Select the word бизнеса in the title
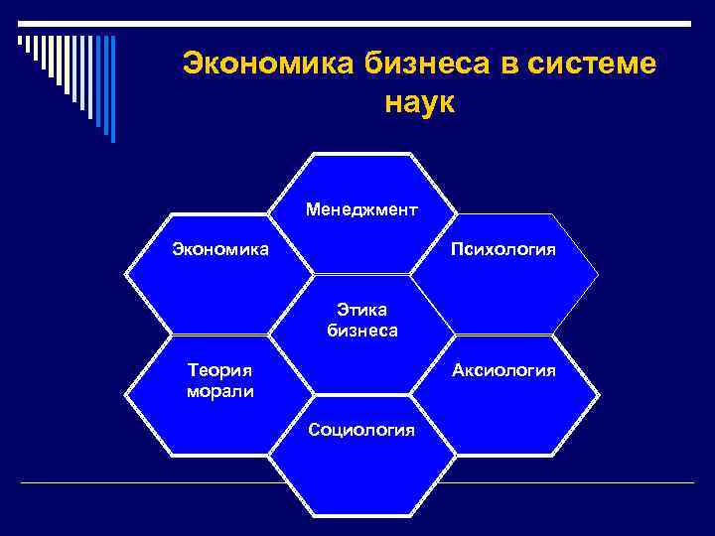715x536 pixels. click(x=423, y=64)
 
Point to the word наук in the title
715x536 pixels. click(x=418, y=102)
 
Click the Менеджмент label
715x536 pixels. click(x=362, y=210)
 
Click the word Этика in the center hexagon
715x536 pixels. click(x=362, y=312)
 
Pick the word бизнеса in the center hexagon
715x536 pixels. click(x=362, y=331)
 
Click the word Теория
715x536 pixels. click(x=219, y=370)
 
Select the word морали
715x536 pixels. click(x=219, y=390)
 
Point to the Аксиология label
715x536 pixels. click(x=503, y=370)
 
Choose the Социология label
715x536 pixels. click(x=362, y=429)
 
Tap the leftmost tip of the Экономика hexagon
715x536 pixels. click(x=126, y=274)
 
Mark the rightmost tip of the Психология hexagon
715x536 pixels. click(x=600, y=274)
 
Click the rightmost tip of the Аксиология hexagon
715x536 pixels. click(x=600, y=394)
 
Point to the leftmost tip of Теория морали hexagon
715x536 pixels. click(x=126, y=394)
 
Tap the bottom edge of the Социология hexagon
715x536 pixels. click(x=362, y=514)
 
